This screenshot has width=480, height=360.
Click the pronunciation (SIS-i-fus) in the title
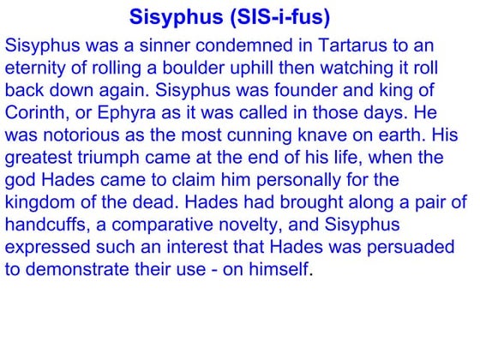tap(275, 18)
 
